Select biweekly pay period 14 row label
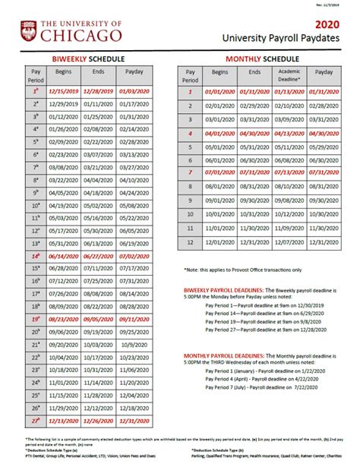tap(35, 257)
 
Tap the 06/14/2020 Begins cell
tap(63, 257)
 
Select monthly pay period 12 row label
tap(191, 241)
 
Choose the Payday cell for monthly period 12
tap(324, 241)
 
